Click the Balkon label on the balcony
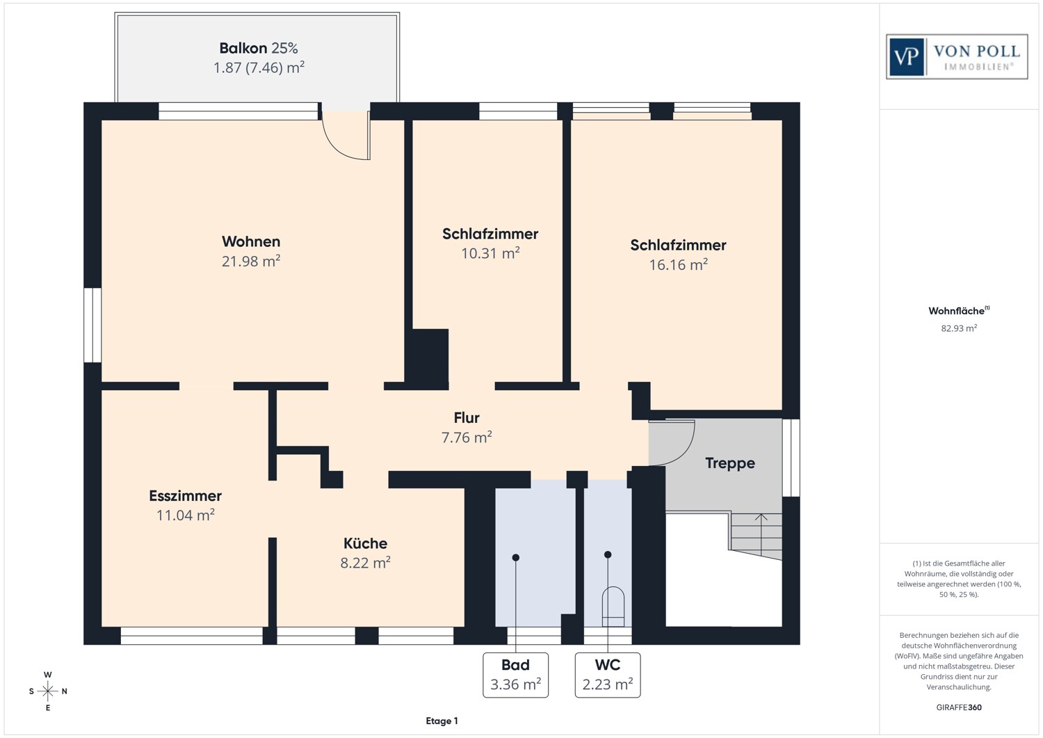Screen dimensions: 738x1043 coord(243,48)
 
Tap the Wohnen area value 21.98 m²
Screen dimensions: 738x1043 coord(251,261)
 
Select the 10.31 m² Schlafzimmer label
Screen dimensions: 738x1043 coord(490,234)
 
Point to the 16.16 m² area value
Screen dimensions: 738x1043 coord(678,265)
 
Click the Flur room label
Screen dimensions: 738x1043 coord(467,417)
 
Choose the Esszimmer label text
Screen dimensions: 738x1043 coord(185,496)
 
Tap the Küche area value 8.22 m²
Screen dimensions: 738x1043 coord(365,563)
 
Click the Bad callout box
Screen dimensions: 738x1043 coord(515,675)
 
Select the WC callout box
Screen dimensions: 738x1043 coord(608,675)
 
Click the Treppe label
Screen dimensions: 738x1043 coord(729,463)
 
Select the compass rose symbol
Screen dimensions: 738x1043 coord(48,691)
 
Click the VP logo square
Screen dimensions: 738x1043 coord(906,56)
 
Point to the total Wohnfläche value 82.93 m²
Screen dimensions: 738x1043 coord(959,328)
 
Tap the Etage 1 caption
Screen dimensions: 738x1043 coord(442,721)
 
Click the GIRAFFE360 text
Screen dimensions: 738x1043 coord(959,707)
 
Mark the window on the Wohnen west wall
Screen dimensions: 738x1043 coord(92,325)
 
